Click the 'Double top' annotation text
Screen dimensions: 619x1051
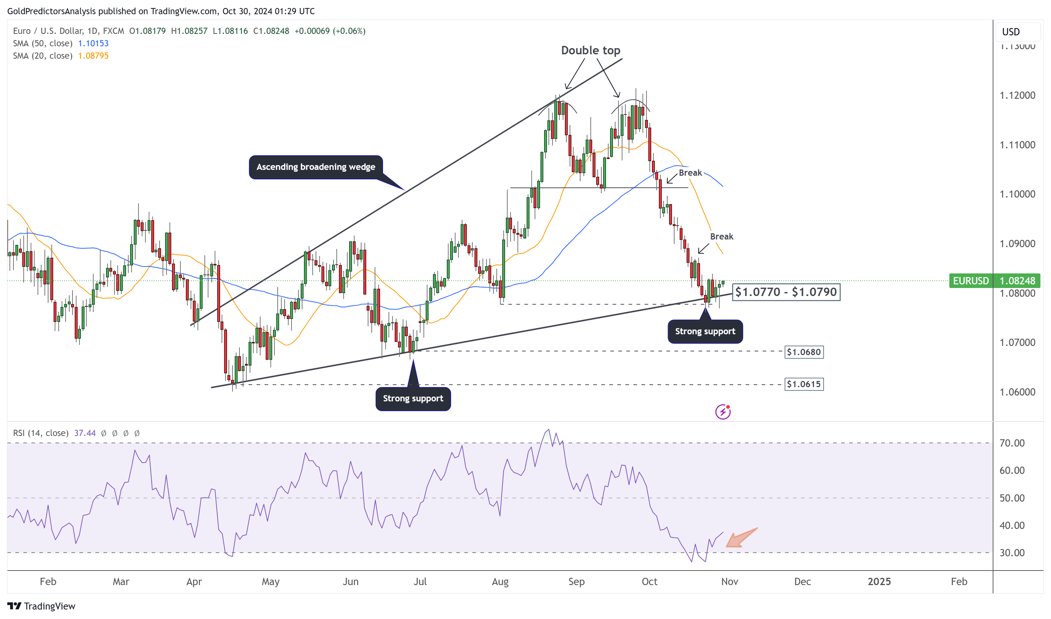click(x=591, y=50)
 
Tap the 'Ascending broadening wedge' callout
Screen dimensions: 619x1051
click(x=316, y=167)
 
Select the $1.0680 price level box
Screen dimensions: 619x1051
click(x=804, y=352)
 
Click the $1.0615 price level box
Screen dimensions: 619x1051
click(x=804, y=384)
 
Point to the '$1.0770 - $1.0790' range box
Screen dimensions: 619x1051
click(x=786, y=292)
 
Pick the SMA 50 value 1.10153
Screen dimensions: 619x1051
click(x=93, y=43)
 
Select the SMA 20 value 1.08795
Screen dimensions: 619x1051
click(x=93, y=56)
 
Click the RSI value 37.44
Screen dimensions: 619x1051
click(x=85, y=433)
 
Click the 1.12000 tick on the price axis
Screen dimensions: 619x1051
click(x=1017, y=96)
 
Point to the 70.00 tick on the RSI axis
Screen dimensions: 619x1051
click(x=1012, y=443)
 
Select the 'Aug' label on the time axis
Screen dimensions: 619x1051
click(x=500, y=581)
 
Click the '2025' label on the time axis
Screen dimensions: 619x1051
click(x=879, y=581)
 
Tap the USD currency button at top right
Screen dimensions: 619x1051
click(x=1011, y=32)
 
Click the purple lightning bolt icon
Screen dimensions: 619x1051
click(x=723, y=412)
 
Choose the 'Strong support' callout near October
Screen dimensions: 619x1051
click(x=705, y=332)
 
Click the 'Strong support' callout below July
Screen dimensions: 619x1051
click(x=413, y=399)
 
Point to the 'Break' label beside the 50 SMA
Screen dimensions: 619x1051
click(x=690, y=173)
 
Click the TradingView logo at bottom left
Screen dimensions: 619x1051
click(x=41, y=606)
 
